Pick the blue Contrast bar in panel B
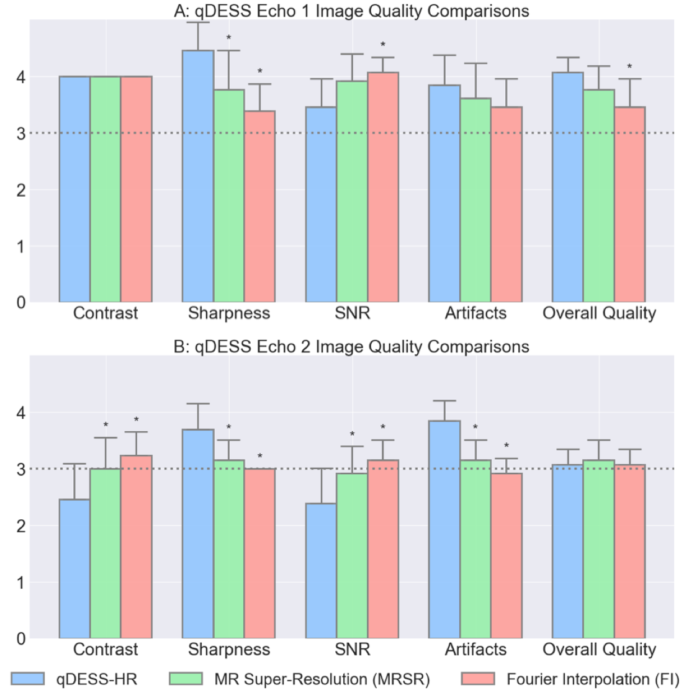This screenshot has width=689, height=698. coord(74,568)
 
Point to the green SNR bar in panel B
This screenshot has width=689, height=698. coord(352,556)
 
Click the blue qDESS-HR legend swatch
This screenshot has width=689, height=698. coord(28,679)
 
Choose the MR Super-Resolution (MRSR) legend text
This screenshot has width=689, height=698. coord(322,679)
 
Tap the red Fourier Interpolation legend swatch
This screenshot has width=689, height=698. coord(478,679)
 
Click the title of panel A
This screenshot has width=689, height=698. coord(351,11)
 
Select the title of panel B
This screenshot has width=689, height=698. coord(351,346)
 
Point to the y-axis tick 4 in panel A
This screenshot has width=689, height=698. coord(21,77)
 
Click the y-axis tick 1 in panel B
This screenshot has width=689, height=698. coord(21,583)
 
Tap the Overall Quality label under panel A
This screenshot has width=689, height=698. coord(599,313)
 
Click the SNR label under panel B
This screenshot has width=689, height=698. coord(352,650)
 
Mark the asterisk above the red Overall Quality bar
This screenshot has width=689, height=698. coord(629,67)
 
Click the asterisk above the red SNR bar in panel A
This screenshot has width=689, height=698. coord(383,45)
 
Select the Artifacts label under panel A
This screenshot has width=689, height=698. coord(475,313)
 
